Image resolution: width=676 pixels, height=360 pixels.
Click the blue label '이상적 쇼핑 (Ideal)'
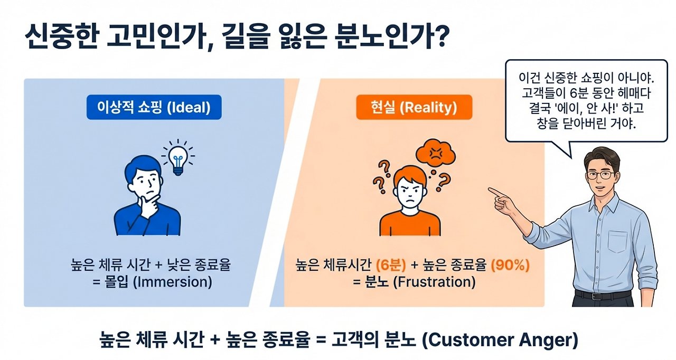(x=154, y=108)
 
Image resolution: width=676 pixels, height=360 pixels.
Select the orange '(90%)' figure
(x=511, y=266)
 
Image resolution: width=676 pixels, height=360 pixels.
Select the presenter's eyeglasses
(x=600, y=174)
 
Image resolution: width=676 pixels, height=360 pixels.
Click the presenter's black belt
(x=602, y=295)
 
